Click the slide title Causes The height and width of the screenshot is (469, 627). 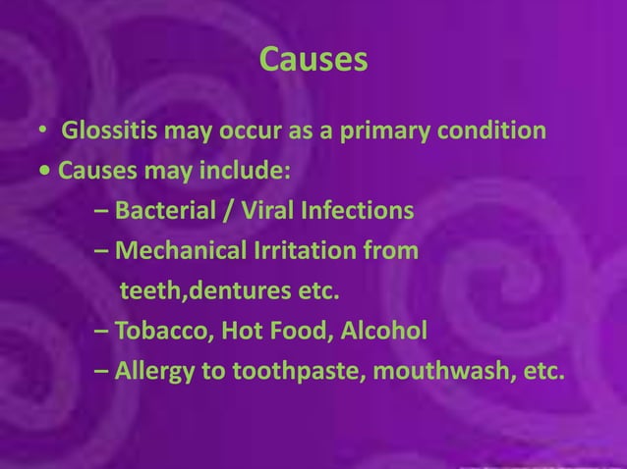point(313,61)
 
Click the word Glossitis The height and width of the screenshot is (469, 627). point(108,130)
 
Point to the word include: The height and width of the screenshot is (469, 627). point(251,172)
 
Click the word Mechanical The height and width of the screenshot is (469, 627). point(174,251)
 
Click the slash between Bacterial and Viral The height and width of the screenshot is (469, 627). point(214,211)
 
